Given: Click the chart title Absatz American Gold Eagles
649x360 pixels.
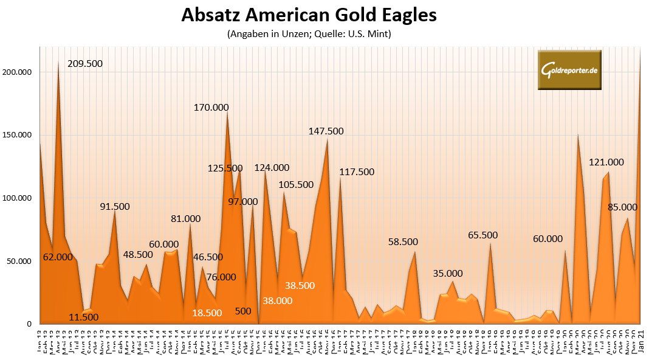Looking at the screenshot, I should click(309, 15).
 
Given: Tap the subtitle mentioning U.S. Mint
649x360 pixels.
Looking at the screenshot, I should click(309, 34).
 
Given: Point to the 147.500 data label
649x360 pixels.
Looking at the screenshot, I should click(327, 131).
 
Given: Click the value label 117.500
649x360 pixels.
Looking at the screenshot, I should click(357, 172).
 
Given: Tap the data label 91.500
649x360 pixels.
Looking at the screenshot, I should click(115, 207).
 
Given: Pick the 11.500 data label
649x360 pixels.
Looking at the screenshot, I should click(83, 317).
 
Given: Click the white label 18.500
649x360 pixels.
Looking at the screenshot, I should click(207, 313).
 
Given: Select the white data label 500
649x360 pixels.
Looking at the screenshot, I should click(243, 311).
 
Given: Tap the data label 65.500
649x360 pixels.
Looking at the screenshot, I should click(483, 235).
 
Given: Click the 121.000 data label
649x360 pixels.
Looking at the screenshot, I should click(606, 162).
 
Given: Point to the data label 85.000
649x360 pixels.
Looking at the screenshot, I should click(622, 207).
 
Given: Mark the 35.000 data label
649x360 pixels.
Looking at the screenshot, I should click(448, 274).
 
